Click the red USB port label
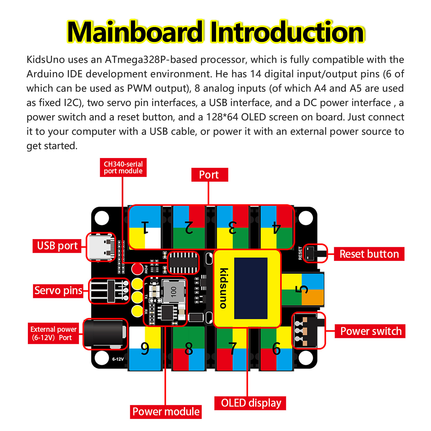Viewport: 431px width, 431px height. coord(57,246)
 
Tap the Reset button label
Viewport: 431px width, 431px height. coord(369,254)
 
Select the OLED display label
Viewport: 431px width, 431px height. coord(250,403)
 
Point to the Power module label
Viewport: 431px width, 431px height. coord(166,412)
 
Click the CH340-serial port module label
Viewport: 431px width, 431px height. coord(123,168)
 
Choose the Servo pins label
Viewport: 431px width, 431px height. coord(58,290)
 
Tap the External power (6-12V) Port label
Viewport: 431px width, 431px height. coord(53,333)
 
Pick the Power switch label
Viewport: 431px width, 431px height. coord(370,331)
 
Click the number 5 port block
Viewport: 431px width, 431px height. coord(302,290)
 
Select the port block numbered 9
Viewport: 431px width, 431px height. coord(145,349)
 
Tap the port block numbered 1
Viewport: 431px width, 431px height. coord(145,227)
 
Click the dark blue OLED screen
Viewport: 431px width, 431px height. coord(251,288)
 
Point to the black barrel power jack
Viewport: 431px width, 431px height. coord(105,334)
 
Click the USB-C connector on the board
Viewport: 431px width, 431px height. coord(101,247)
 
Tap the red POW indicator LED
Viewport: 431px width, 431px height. coord(137,269)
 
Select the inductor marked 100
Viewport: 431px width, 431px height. coord(173,291)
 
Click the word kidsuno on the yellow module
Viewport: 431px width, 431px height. coord(224,288)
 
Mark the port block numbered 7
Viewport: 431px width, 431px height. coord(232,349)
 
